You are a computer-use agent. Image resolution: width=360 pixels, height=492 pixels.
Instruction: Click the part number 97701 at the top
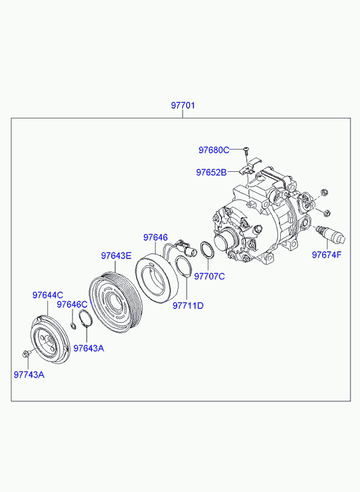click(183, 105)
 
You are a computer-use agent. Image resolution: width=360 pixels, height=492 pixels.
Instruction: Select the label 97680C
click(214, 150)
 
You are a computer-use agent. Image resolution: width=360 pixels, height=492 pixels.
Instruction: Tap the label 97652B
click(211, 173)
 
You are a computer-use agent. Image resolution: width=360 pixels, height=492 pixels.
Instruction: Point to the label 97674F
click(326, 254)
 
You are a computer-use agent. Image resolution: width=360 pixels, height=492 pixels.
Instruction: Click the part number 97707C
click(209, 276)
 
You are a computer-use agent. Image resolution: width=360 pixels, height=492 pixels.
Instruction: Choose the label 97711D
click(188, 305)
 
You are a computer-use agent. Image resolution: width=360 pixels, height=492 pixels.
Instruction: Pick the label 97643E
click(116, 256)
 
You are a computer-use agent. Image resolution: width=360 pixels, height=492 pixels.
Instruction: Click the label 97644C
click(48, 295)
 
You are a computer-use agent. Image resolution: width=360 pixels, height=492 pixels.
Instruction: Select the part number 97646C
click(72, 305)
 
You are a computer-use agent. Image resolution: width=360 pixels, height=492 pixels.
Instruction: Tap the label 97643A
click(89, 348)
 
